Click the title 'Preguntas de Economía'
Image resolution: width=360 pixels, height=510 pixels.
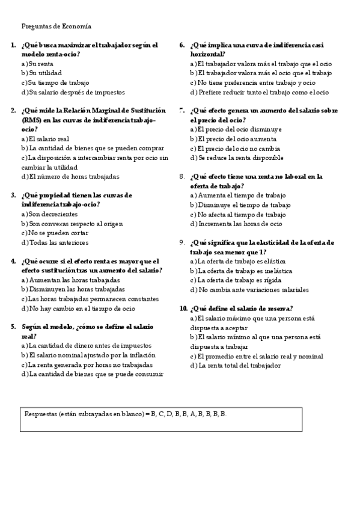56,26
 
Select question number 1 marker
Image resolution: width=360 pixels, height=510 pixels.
13,45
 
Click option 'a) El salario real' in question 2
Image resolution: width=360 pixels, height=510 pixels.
45,139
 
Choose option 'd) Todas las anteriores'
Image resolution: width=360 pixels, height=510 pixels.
55,242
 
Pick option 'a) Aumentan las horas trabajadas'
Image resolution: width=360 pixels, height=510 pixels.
70,280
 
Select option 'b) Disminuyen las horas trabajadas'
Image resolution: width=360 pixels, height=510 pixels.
73,289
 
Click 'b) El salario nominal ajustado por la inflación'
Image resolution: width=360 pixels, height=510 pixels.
88,355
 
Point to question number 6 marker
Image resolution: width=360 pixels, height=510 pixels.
182,45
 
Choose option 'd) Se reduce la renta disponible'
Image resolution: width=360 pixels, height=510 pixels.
237,158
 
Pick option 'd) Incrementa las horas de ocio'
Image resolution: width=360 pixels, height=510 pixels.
236,224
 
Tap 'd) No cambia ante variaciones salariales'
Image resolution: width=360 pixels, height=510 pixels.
249,289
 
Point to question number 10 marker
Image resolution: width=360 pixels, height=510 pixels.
184,308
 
